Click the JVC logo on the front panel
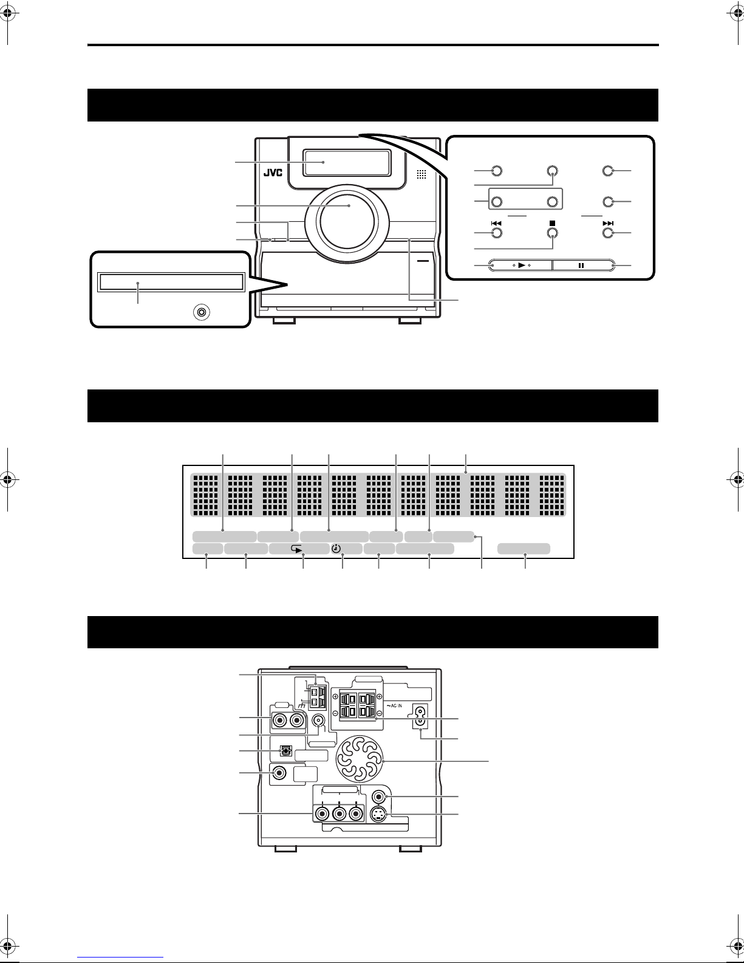click(x=273, y=173)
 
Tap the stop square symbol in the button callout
click(x=552, y=224)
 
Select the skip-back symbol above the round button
click(x=496, y=224)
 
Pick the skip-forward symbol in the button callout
click(x=608, y=224)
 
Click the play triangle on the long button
click(x=522, y=265)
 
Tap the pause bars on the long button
click(x=581, y=266)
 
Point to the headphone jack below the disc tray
click(x=202, y=312)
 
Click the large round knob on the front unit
click(x=347, y=221)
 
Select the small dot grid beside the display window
click(x=421, y=174)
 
